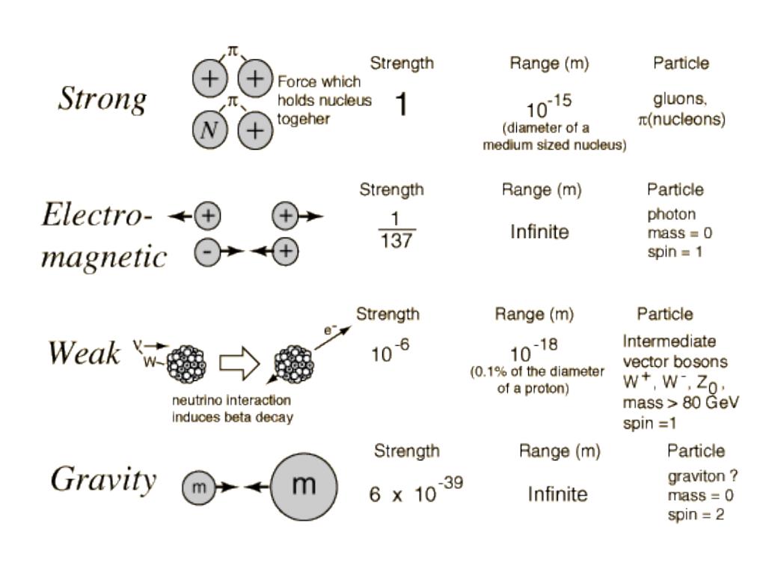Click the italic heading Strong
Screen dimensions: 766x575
[102, 100]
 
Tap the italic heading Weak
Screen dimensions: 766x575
[84, 353]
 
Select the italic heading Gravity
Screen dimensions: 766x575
[103, 480]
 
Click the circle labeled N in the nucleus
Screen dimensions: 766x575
[209, 130]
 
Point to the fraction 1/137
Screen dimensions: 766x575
[396, 230]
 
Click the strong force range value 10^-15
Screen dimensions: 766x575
[548, 106]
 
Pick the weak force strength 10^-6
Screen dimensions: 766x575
[390, 351]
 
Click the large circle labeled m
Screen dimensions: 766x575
[304, 487]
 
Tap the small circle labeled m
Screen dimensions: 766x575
[199, 487]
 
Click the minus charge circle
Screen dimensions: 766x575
[207, 252]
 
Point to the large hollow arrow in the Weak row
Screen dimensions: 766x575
[239, 363]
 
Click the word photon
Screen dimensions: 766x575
[671, 215]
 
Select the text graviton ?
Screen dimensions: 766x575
[702, 476]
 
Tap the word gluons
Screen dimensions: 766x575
[679, 100]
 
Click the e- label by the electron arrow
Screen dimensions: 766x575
[330, 330]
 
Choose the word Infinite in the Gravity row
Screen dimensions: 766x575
[557, 494]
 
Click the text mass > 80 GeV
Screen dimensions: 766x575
[681, 402]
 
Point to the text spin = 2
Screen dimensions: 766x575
[696, 514]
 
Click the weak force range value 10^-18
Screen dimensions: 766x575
[533, 350]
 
